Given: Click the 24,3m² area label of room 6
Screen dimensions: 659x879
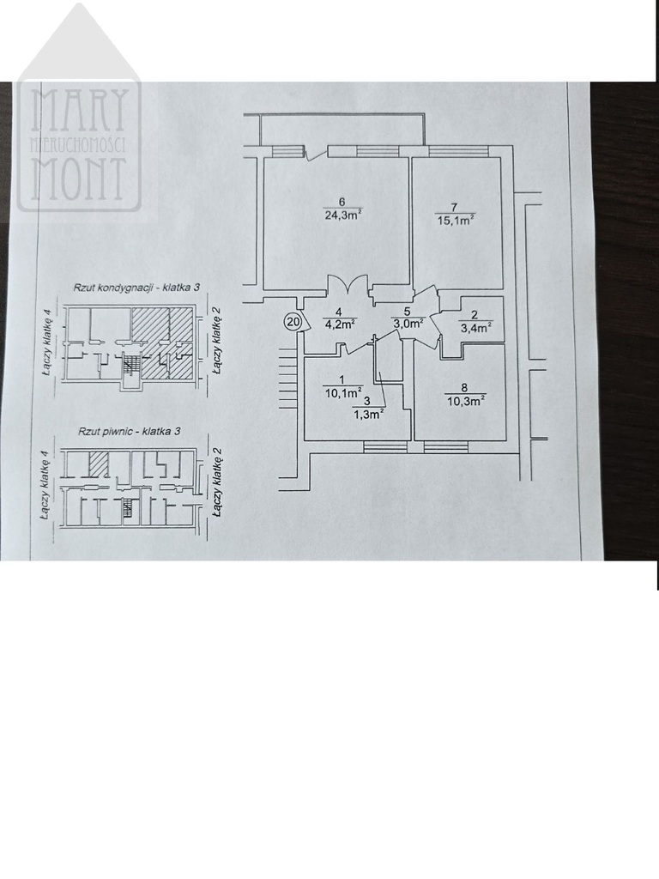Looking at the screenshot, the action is (342, 214).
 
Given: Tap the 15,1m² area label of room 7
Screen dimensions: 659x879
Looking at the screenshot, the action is (456, 221).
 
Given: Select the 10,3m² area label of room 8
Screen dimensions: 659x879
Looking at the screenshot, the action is (466, 400).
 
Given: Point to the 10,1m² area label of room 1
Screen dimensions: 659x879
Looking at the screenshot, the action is (343, 391).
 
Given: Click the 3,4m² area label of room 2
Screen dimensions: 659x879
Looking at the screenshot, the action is (475, 326).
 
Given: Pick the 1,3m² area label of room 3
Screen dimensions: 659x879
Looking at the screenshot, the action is (367, 414).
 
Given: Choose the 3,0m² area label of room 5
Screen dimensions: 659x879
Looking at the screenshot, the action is (408, 323).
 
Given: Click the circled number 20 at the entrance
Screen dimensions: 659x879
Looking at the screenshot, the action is (293, 321).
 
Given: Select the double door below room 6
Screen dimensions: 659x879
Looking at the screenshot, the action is (348, 284).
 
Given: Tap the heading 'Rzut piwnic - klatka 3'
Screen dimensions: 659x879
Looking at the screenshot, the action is (129, 433).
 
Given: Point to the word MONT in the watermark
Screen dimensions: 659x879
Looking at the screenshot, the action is (78, 179).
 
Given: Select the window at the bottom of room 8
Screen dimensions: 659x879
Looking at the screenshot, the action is (446, 446).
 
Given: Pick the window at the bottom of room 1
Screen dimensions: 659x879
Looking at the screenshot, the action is (385, 446).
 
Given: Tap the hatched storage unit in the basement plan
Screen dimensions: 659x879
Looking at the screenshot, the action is (99, 464).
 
